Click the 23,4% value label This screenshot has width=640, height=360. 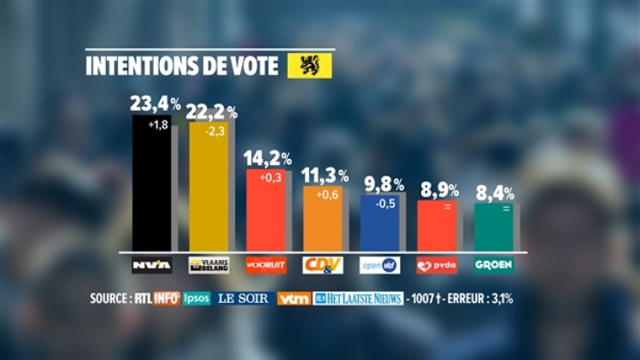pyautogui.click(x=155, y=103)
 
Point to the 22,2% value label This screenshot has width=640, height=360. pyautogui.click(x=212, y=111)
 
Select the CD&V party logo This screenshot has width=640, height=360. pyautogui.click(x=323, y=265)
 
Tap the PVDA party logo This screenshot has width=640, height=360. pyautogui.click(x=437, y=265)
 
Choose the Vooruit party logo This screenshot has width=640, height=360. pyautogui.click(x=266, y=265)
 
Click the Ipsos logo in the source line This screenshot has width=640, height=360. pyautogui.click(x=196, y=298)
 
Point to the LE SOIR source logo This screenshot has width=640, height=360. pyautogui.click(x=244, y=298)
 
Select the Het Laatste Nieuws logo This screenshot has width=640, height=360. pyautogui.click(x=358, y=298)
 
